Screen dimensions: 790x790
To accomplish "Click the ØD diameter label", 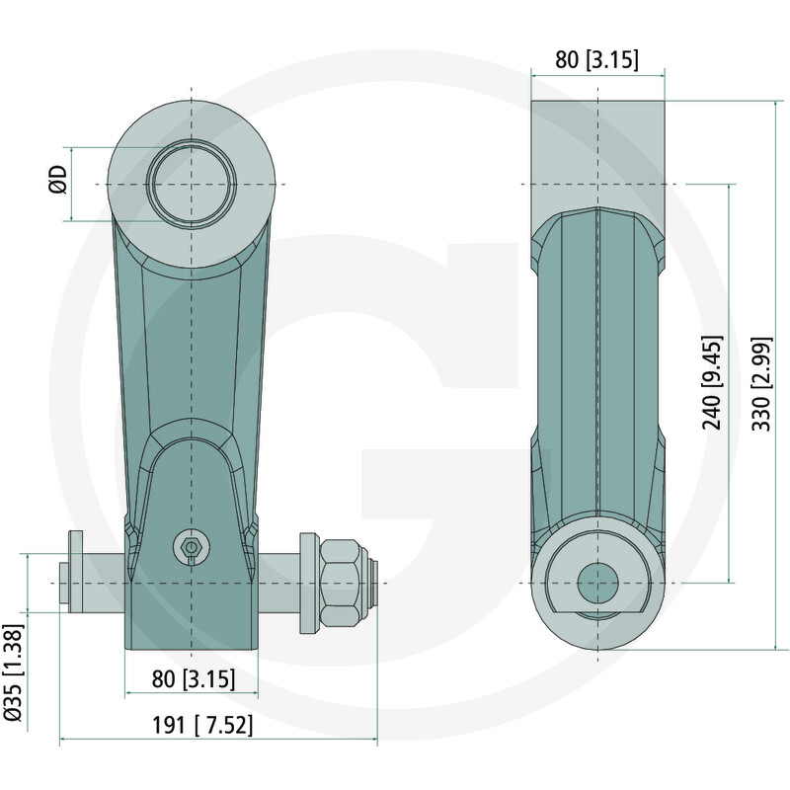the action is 58,179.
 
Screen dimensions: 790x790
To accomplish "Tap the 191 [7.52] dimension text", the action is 202,726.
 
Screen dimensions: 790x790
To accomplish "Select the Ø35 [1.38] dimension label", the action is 13,672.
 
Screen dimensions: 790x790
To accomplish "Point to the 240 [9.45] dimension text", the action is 712,382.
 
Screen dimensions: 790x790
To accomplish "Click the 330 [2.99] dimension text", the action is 761,384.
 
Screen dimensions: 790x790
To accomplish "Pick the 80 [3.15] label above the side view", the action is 596,59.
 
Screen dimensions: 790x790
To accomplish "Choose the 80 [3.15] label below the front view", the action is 194,678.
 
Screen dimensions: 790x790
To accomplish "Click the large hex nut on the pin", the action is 342,583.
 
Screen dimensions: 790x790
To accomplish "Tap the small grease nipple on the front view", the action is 191,547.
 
